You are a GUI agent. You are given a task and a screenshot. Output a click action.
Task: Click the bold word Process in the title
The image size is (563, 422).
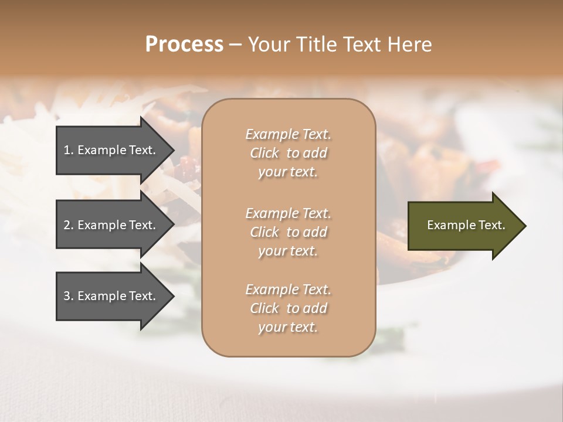[184, 45]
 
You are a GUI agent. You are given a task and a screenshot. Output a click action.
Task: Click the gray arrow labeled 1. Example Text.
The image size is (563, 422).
[111, 150]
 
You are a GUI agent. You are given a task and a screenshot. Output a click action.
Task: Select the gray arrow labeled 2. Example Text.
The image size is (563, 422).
[111, 225]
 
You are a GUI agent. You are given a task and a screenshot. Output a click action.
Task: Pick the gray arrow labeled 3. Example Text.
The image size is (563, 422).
[111, 296]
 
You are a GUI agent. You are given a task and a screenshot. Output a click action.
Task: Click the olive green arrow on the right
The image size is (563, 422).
[463, 226]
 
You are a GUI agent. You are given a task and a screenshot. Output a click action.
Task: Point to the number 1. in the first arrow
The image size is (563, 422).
[69, 150]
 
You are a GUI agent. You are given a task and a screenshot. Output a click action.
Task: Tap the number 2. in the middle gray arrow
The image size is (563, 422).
[69, 225]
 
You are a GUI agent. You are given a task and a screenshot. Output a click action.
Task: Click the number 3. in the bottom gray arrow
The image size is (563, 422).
[69, 296]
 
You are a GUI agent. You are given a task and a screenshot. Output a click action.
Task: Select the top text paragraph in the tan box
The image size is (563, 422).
[289, 153]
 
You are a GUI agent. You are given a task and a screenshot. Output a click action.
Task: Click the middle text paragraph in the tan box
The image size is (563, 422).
[289, 232]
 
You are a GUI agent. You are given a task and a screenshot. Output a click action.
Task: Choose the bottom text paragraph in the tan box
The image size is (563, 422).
[289, 308]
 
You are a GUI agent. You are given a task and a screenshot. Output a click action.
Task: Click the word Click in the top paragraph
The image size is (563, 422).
[264, 153]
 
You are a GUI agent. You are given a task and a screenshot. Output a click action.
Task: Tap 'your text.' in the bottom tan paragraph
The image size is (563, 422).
[288, 327]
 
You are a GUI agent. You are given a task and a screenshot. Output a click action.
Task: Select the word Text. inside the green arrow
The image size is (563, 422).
[489, 225]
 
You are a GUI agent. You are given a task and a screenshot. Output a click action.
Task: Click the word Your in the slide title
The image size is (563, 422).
[268, 45]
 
